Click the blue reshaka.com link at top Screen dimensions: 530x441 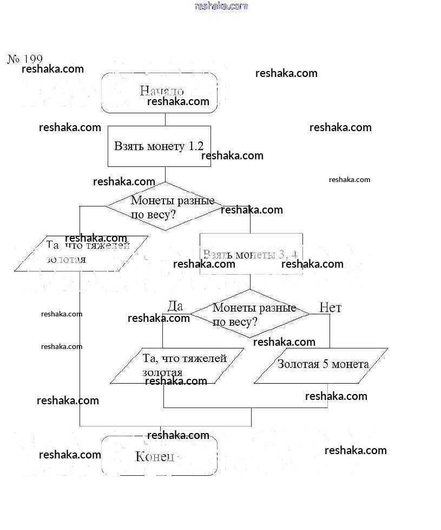[x=221, y=6]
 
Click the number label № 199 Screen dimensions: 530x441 [x=25, y=59]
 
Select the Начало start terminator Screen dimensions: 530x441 [x=160, y=92]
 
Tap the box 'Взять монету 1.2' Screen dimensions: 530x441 [x=159, y=146]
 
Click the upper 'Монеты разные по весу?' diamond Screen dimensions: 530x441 [x=164, y=206]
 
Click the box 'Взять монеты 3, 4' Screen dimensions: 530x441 [x=251, y=254]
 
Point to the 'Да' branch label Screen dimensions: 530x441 [x=175, y=306]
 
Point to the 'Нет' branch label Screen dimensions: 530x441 [x=330, y=308]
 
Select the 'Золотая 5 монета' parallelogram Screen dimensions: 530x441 [x=321, y=365]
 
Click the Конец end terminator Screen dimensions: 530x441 [x=160, y=456]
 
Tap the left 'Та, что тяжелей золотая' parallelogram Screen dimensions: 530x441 [x=81, y=253]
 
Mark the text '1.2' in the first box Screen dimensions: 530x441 [x=196, y=146]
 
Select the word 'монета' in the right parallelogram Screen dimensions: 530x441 [x=351, y=364]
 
